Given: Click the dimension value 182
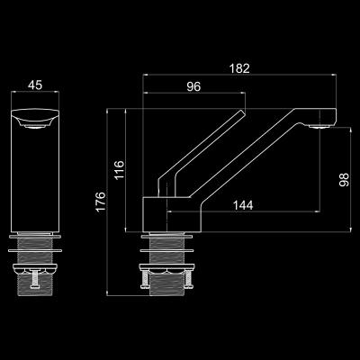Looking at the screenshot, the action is (239, 68).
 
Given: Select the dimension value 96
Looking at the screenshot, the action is (193, 86).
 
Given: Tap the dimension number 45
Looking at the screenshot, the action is (35, 85).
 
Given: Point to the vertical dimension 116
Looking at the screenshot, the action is (120, 170).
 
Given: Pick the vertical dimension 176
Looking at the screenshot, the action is (101, 202).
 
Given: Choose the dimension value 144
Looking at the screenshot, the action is (243, 205).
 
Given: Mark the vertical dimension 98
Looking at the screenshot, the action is (344, 180).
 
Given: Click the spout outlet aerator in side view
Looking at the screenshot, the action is (319, 126).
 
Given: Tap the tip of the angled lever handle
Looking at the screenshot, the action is (243, 112).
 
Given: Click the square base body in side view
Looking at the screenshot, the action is (172, 214).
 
